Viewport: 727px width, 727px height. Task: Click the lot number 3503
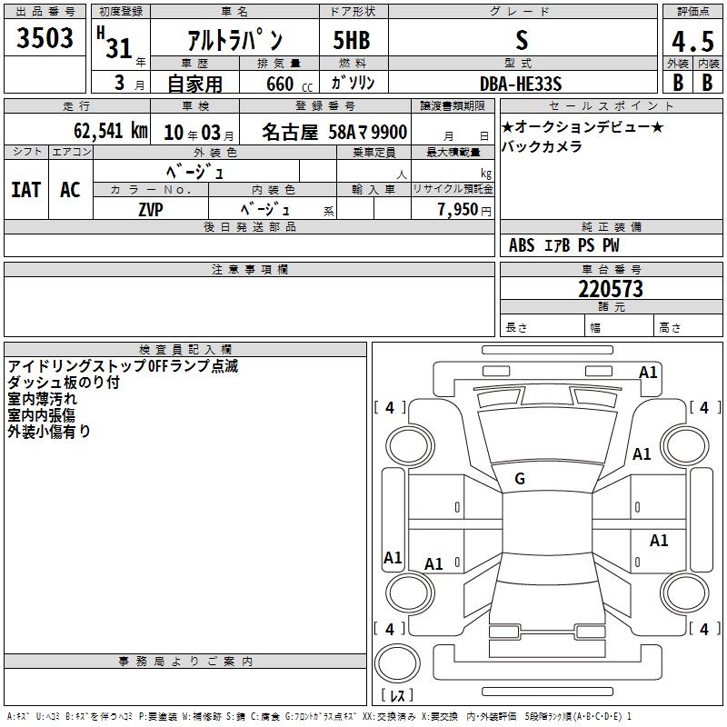(45, 38)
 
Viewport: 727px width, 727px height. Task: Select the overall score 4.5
(692, 41)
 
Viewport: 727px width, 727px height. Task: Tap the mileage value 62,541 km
(111, 131)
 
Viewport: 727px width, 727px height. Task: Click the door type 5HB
(352, 40)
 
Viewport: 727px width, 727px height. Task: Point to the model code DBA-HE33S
(521, 84)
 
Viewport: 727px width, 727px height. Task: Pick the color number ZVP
(151, 210)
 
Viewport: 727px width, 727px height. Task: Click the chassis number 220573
(611, 289)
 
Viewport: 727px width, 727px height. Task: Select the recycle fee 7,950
(458, 210)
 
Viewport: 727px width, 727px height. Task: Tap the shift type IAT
(26, 190)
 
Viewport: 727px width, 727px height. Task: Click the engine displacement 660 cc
(289, 85)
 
